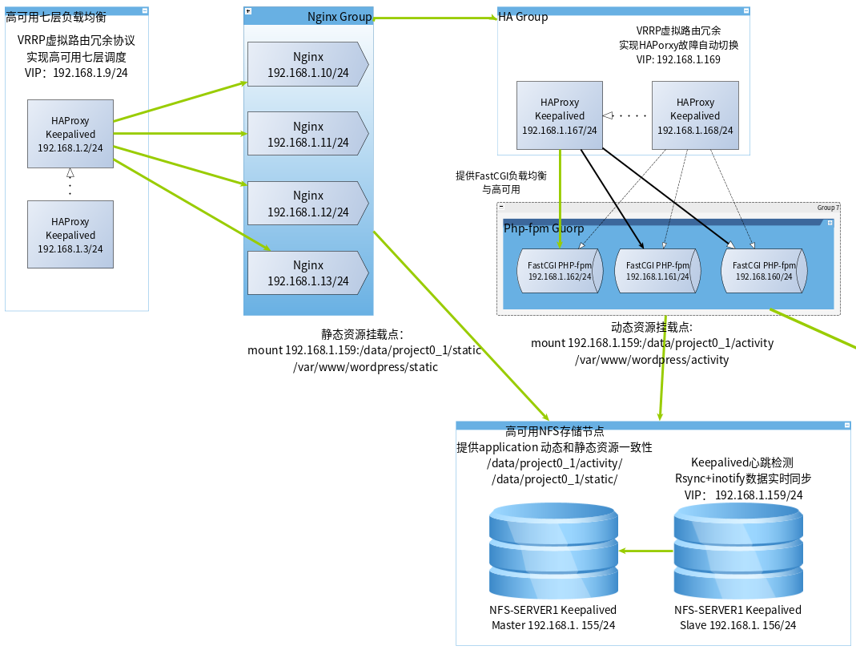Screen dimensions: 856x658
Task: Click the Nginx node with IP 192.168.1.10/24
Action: (x=308, y=64)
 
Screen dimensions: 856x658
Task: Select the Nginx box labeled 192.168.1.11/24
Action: (x=308, y=134)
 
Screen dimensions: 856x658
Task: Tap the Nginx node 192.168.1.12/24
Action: (x=308, y=204)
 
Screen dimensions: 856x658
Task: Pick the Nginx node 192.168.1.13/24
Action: (x=308, y=272)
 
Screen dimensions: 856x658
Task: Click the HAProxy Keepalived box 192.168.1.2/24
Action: (x=70, y=134)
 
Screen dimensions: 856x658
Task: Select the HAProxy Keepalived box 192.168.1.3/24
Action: (x=70, y=235)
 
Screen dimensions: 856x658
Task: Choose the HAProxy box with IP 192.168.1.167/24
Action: (x=560, y=115)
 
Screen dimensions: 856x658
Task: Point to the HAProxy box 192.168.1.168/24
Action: (x=695, y=115)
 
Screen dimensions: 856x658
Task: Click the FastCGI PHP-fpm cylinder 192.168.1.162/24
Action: (x=560, y=271)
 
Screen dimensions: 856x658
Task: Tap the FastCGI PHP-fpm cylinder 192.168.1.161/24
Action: (x=658, y=271)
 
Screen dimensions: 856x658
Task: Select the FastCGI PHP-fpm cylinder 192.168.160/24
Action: (x=764, y=271)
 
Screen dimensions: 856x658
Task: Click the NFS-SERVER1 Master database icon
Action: (x=553, y=551)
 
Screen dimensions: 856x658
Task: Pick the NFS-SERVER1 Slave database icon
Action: (x=738, y=551)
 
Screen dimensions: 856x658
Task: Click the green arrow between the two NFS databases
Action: (x=646, y=551)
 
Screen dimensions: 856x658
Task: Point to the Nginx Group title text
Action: (x=340, y=17)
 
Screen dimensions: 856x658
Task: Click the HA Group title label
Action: (x=523, y=17)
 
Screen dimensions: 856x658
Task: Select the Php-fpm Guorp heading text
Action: (x=544, y=228)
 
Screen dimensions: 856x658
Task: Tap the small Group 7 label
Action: (x=828, y=208)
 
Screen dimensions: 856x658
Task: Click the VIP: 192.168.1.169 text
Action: (x=678, y=59)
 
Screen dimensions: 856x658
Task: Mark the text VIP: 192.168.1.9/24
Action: (x=76, y=73)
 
